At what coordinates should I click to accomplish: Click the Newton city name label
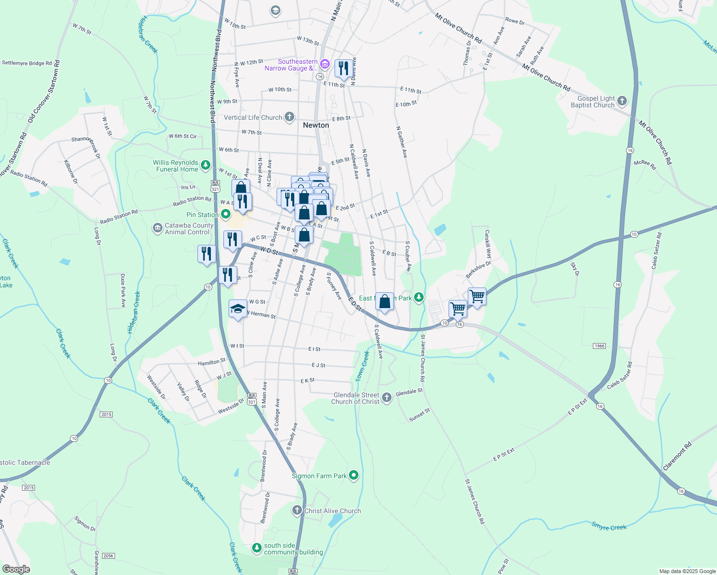[x=316, y=125]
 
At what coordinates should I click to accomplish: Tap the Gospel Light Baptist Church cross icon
[x=622, y=101]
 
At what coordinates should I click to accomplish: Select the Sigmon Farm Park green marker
[x=354, y=475]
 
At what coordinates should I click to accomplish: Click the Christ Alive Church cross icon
[x=297, y=511]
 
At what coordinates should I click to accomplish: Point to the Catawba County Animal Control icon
[x=158, y=229]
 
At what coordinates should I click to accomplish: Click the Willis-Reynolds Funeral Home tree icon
[x=206, y=165]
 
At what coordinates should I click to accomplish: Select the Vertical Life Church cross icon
[x=289, y=117]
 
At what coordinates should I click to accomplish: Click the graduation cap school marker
[x=238, y=309]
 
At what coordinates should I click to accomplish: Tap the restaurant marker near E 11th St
[x=343, y=69]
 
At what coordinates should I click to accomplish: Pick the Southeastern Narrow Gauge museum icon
[x=324, y=64]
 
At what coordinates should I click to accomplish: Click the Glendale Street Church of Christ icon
[x=387, y=397]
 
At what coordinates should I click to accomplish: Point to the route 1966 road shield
[x=599, y=346]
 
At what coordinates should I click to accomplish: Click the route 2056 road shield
[x=108, y=556]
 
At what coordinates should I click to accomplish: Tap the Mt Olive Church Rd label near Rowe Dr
[x=458, y=28]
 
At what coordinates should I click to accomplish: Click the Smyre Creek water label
[x=609, y=527]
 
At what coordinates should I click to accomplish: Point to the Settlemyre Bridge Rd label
[x=27, y=63]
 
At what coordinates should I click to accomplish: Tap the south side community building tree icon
[x=257, y=547]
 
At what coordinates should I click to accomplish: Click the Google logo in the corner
[x=16, y=569]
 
